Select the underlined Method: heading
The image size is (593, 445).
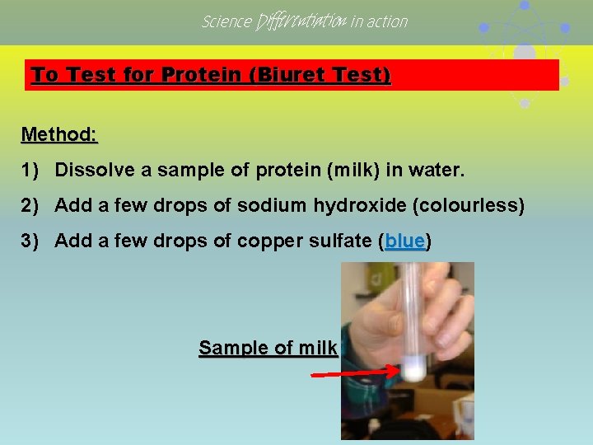pos(59,133)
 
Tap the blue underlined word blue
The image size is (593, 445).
pos(404,241)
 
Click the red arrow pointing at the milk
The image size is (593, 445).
pos(355,373)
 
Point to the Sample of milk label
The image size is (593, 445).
pos(268,348)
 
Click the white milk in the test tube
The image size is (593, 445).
pos(413,368)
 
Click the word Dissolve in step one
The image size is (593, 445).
pos(90,171)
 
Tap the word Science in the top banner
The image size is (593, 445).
pos(226,21)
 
